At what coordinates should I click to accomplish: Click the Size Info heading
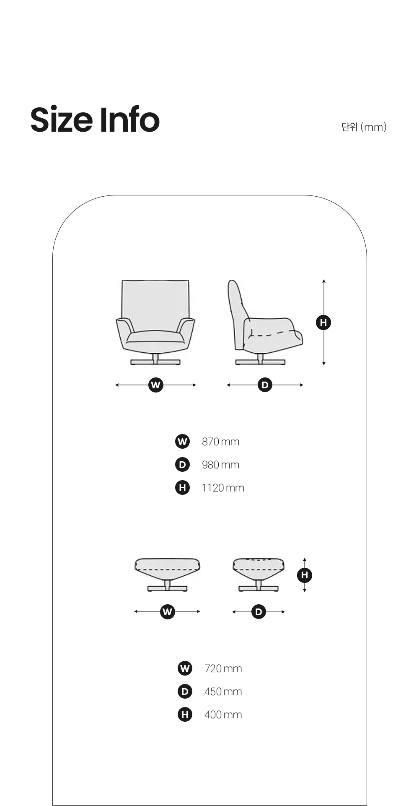(x=95, y=120)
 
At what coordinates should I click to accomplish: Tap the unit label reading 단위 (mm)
(x=364, y=127)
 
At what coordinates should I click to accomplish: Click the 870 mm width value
(x=220, y=442)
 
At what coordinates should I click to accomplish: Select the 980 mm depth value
(x=220, y=465)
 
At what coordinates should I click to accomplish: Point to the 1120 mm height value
(x=222, y=488)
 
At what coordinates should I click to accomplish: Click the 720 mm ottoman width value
(x=223, y=668)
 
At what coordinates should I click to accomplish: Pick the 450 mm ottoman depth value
(x=223, y=692)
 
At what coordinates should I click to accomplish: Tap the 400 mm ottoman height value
(x=223, y=715)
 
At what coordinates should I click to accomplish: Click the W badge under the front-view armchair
(x=156, y=385)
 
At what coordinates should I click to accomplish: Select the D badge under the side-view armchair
(x=265, y=385)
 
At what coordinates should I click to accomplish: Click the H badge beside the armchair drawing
(x=323, y=322)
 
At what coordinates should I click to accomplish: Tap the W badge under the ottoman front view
(x=168, y=612)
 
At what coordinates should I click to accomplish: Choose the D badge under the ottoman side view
(x=259, y=612)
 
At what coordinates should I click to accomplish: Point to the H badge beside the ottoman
(x=305, y=575)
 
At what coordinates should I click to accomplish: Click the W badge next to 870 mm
(x=182, y=442)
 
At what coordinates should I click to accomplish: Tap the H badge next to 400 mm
(x=185, y=714)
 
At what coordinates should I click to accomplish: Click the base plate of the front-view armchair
(x=155, y=362)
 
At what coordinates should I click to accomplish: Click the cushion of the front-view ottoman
(x=167, y=569)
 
